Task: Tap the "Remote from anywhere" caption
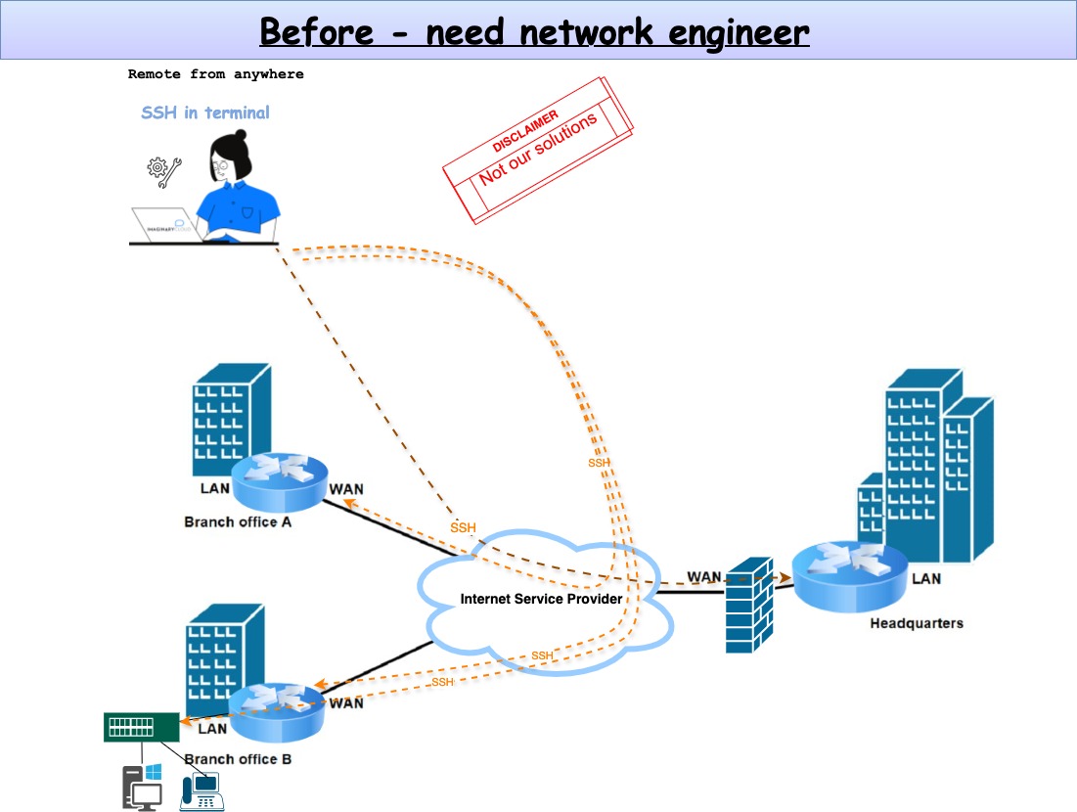(x=215, y=74)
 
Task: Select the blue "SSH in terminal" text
(x=205, y=113)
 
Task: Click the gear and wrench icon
(x=162, y=172)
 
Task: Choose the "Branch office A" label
(x=238, y=521)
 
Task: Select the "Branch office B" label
(x=238, y=759)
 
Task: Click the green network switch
(x=142, y=727)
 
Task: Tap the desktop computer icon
(x=142, y=788)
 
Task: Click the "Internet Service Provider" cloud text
(x=541, y=599)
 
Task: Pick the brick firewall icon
(x=749, y=606)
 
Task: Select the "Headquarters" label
(x=916, y=622)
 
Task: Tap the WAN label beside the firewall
(x=704, y=576)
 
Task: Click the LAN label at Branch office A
(x=214, y=488)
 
